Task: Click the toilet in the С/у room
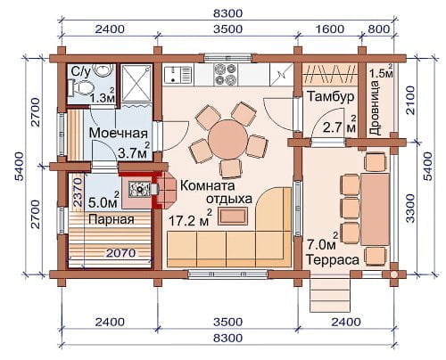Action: [x=82, y=88]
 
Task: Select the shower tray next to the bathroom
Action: [x=136, y=83]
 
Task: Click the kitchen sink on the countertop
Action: [x=178, y=74]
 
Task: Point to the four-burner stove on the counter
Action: [x=226, y=74]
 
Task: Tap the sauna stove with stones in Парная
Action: [x=139, y=189]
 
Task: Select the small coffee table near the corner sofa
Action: [x=233, y=216]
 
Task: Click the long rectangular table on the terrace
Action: [x=375, y=209]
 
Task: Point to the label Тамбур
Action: [x=330, y=97]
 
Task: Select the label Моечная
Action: [x=119, y=133]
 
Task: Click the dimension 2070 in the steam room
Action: [x=120, y=253]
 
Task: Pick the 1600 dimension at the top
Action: [x=329, y=29]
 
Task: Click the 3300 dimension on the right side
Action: [x=410, y=209]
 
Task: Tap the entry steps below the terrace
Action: [x=330, y=292]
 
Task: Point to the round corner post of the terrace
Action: [x=393, y=274]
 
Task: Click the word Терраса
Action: [x=333, y=259]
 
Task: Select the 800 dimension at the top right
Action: [x=378, y=29]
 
